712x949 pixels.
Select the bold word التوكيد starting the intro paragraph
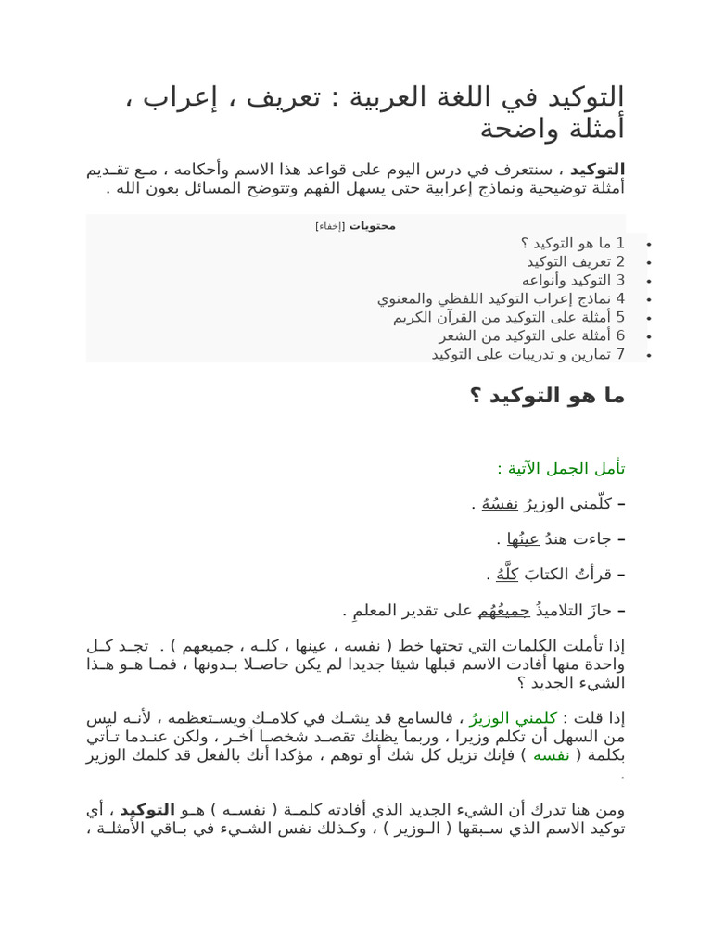pos(598,170)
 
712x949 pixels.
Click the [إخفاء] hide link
pos(329,226)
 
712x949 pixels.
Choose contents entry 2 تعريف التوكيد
pos(576,261)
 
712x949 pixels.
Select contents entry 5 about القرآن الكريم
pos(509,317)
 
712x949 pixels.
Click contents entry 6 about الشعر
pos(532,335)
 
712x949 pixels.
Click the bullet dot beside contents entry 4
pos(649,299)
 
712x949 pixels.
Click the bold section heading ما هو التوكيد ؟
pos(547,396)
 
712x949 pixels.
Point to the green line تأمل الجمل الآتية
pos(561,468)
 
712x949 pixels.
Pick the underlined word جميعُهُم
pos(504,611)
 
